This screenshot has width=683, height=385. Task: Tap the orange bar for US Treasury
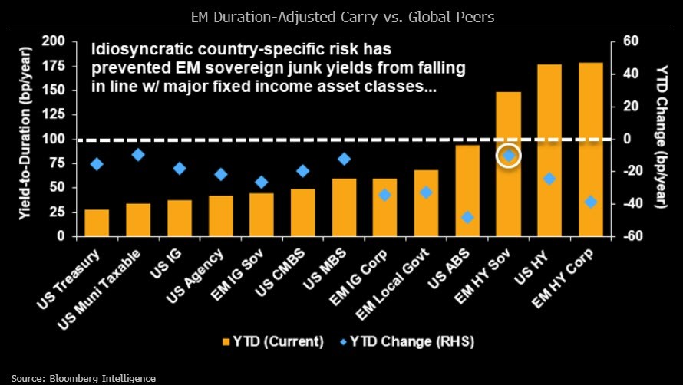click(x=97, y=222)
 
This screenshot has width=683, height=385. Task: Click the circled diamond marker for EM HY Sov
click(x=508, y=156)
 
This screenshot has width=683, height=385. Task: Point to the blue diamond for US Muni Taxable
click(x=138, y=155)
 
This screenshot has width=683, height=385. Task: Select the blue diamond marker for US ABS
click(x=467, y=217)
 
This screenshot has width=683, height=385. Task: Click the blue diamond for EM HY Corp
click(x=590, y=202)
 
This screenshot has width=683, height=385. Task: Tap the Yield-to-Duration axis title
click(x=25, y=139)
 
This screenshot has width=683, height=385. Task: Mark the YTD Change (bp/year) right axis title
click(x=658, y=139)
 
